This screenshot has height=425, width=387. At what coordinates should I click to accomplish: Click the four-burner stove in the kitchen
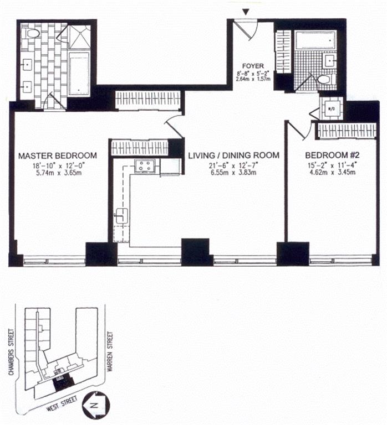(145, 166)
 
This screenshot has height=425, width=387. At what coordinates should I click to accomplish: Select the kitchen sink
(121, 216)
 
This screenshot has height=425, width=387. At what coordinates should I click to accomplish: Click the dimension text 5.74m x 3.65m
(58, 173)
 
